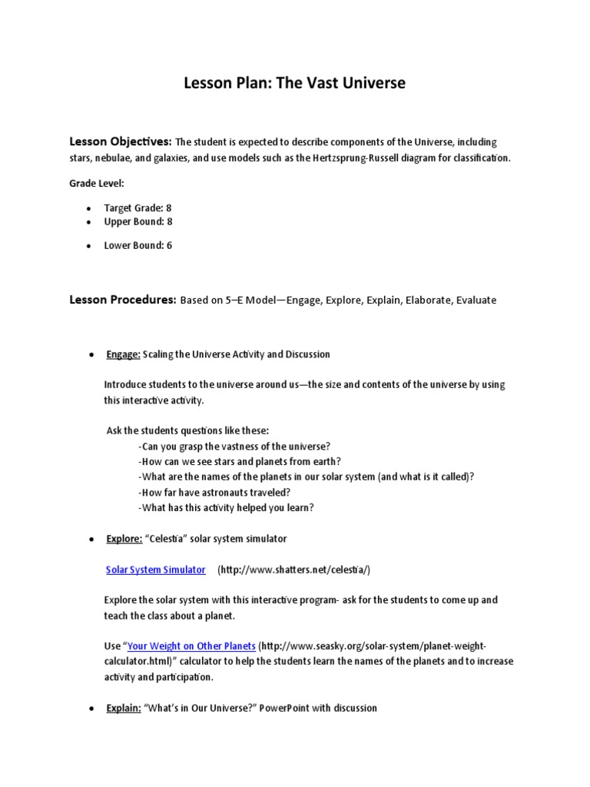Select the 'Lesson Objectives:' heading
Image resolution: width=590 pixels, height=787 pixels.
(121, 142)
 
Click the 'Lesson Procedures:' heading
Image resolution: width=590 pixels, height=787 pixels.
(123, 300)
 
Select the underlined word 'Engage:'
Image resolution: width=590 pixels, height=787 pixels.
(123, 354)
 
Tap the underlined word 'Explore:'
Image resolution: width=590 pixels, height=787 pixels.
(124, 539)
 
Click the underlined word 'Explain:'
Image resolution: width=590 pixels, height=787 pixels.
(123, 708)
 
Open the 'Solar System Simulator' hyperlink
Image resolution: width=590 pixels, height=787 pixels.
(155, 569)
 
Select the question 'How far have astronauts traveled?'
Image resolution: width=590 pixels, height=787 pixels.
(214, 492)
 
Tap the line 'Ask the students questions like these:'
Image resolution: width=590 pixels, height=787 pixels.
(187, 430)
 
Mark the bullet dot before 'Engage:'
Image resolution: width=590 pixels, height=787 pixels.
(91, 355)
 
